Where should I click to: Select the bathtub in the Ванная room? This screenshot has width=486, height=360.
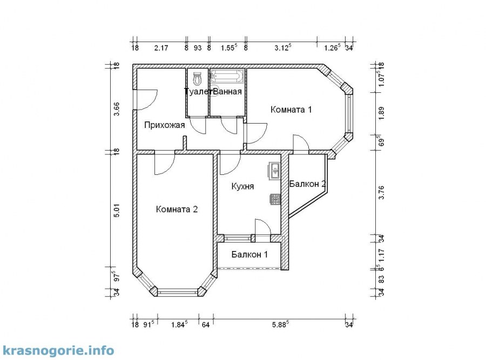tap(227, 77)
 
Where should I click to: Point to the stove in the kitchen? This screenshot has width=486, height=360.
tap(275, 200)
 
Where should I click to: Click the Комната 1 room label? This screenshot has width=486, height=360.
tap(291, 110)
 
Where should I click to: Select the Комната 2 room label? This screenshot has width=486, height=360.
tap(177, 209)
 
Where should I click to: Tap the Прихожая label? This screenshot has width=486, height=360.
tap(165, 125)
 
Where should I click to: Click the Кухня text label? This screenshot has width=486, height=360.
tap(242, 186)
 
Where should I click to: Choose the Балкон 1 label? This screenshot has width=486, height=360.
tap(249, 254)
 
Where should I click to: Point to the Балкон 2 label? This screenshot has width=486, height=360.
tap(307, 184)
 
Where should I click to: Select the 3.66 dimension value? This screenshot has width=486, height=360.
tap(117, 108)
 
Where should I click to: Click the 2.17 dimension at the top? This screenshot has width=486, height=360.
tap(161, 47)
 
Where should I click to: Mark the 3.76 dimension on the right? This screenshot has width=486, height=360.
tap(382, 192)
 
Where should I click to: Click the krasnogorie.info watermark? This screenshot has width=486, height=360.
tap(58, 350)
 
